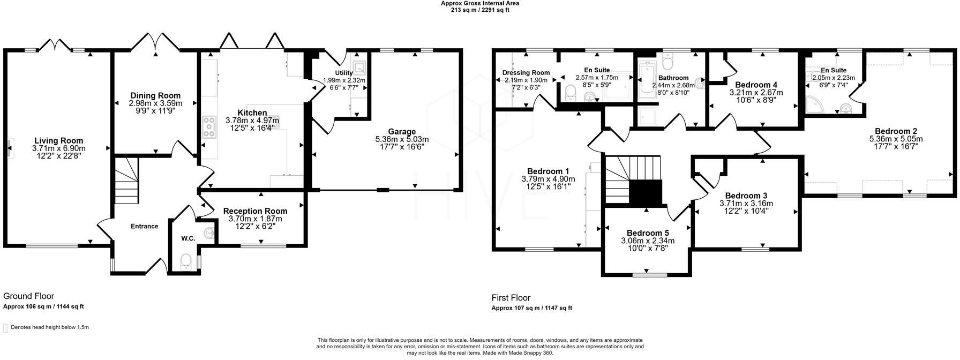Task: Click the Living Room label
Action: [x=58, y=140]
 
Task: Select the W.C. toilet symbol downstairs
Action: [x=186, y=261]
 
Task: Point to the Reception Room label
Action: [x=255, y=211]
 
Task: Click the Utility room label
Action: [x=344, y=73]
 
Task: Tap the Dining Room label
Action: [x=155, y=95]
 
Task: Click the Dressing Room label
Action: [x=526, y=73]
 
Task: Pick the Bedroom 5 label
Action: [x=648, y=233]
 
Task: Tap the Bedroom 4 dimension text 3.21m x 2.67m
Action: [x=756, y=93]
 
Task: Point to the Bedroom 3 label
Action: [x=746, y=196]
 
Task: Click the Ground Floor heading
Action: [x=28, y=296]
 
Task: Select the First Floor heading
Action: [x=511, y=298]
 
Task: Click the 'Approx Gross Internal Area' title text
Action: [x=479, y=3]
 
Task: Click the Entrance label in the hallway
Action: [x=145, y=226]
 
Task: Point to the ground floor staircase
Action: [x=126, y=185]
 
